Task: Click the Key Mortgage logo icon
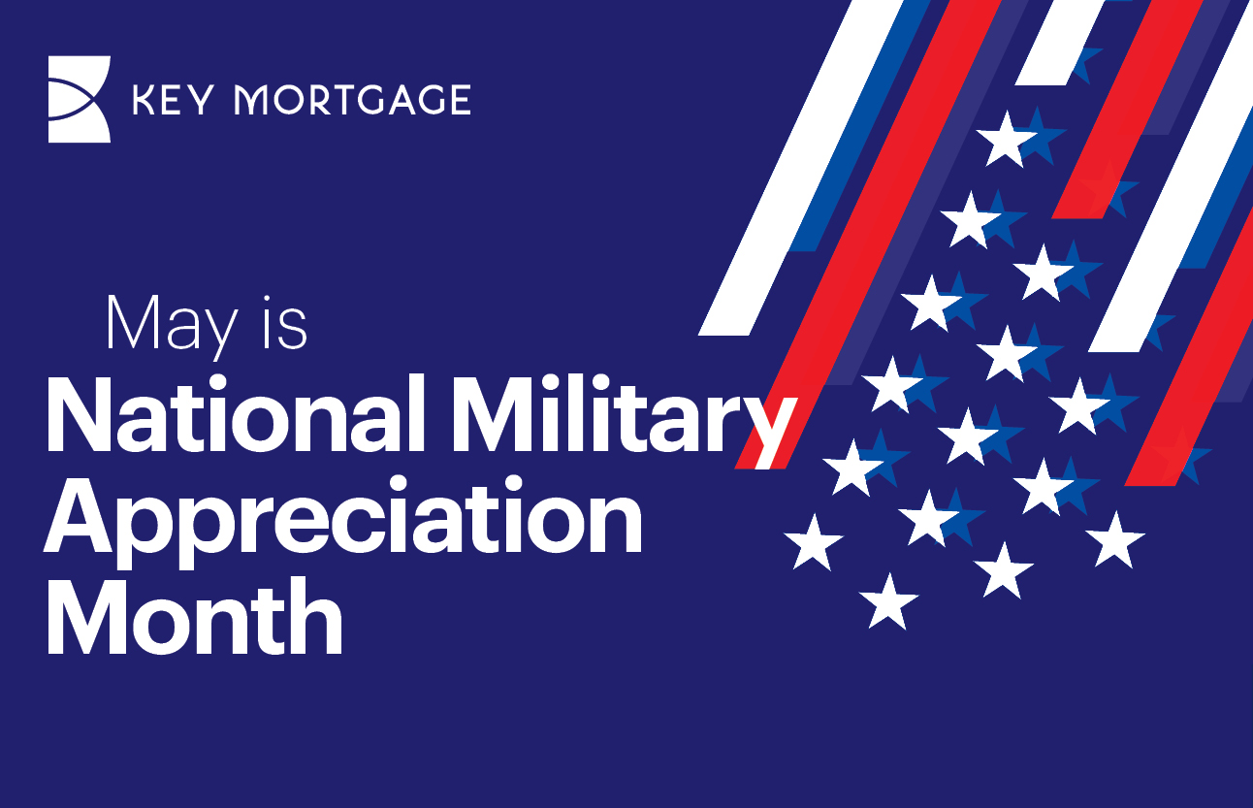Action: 79,99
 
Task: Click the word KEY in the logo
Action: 174,100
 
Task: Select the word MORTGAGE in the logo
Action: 352,100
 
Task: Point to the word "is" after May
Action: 285,323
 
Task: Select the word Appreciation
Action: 343,523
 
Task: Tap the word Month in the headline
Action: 194,616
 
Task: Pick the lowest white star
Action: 888,602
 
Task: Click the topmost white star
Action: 1007,140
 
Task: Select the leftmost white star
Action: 814,543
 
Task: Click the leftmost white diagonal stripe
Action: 801,168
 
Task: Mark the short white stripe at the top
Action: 1059,43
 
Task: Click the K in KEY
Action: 144,100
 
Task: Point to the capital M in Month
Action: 89,616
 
